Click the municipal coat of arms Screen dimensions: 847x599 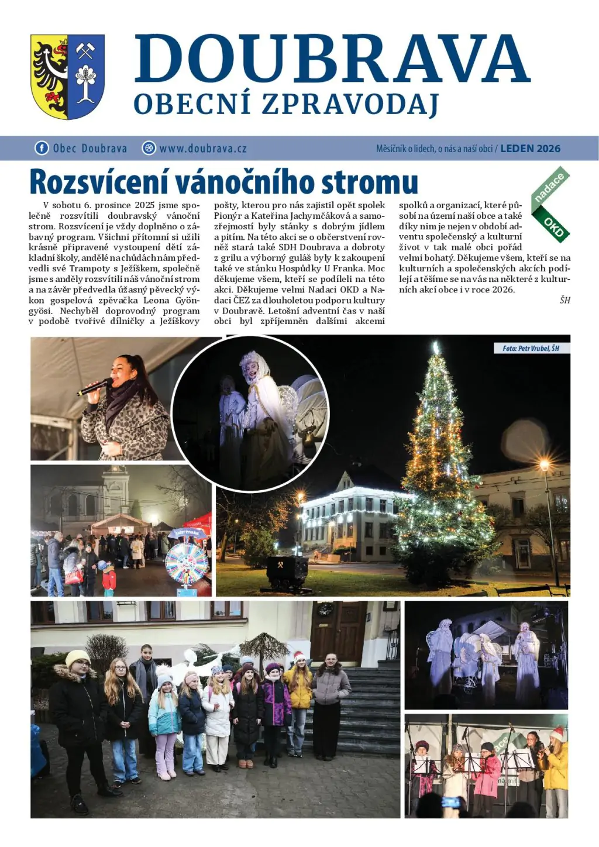[67, 76]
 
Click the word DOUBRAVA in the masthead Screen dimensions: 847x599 [332, 59]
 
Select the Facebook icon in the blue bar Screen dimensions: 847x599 [42, 148]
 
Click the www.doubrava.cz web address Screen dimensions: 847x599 [202, 149]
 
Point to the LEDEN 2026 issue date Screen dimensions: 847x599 [530, 149]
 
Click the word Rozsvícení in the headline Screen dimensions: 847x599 [99, 182]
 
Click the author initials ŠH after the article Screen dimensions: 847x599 [564, 300]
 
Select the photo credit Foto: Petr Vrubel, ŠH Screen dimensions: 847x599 [531, 348]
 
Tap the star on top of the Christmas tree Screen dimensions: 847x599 [435, 348]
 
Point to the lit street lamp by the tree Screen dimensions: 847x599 [545, 466]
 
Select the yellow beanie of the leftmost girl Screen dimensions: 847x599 [77, 657]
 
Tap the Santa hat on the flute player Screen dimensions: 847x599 [557, 732]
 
